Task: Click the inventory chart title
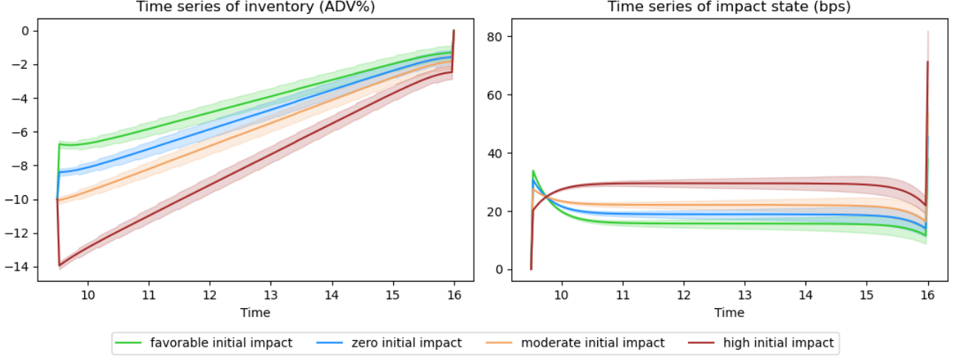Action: pos(256,7)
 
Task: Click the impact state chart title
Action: pos(729,7)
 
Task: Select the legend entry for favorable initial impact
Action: pos(203,343)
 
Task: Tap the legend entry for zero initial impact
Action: pos(389,343)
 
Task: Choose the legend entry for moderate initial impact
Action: pos(576,343)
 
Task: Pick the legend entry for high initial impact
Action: pos(761,343)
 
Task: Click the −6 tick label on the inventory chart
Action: pos(21,132)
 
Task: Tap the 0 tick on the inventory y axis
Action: pos(25,31)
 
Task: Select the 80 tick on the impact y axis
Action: pos(494,37)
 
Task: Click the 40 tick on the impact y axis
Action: pos(494,153)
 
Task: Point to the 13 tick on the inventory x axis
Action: pos(271,295)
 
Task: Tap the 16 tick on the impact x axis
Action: pos(927,295)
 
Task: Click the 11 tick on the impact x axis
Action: pos(623,295)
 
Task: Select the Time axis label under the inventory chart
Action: pos(255,313)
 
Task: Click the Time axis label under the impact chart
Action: pos(729,313)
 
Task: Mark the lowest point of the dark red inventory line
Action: pos(60,266)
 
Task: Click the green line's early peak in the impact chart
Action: pos(533,171)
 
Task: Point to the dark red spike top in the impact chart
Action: pos(927,62)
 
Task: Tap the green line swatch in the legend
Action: pos(128,343)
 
